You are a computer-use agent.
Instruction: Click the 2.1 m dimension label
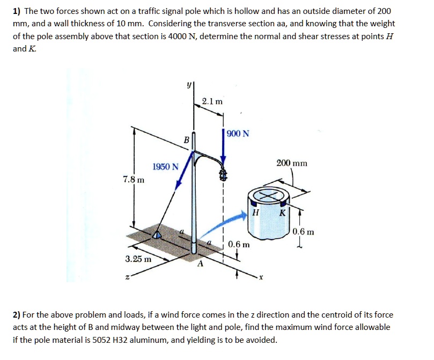213,101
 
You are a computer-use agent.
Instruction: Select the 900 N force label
238,134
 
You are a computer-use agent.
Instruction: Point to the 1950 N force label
165,167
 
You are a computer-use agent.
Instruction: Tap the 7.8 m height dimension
133,179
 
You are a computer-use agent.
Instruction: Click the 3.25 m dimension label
138,259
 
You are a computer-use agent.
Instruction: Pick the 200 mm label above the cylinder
292,163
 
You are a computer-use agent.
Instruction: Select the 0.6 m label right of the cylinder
304,232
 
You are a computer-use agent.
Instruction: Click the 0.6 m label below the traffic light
239,245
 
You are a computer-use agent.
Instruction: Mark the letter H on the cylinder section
255,212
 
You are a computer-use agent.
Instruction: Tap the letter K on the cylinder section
283,212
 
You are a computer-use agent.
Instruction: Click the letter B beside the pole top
186,140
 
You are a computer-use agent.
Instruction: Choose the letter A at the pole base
200,264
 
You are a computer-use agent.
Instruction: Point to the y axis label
188,84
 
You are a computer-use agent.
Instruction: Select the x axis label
261,277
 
